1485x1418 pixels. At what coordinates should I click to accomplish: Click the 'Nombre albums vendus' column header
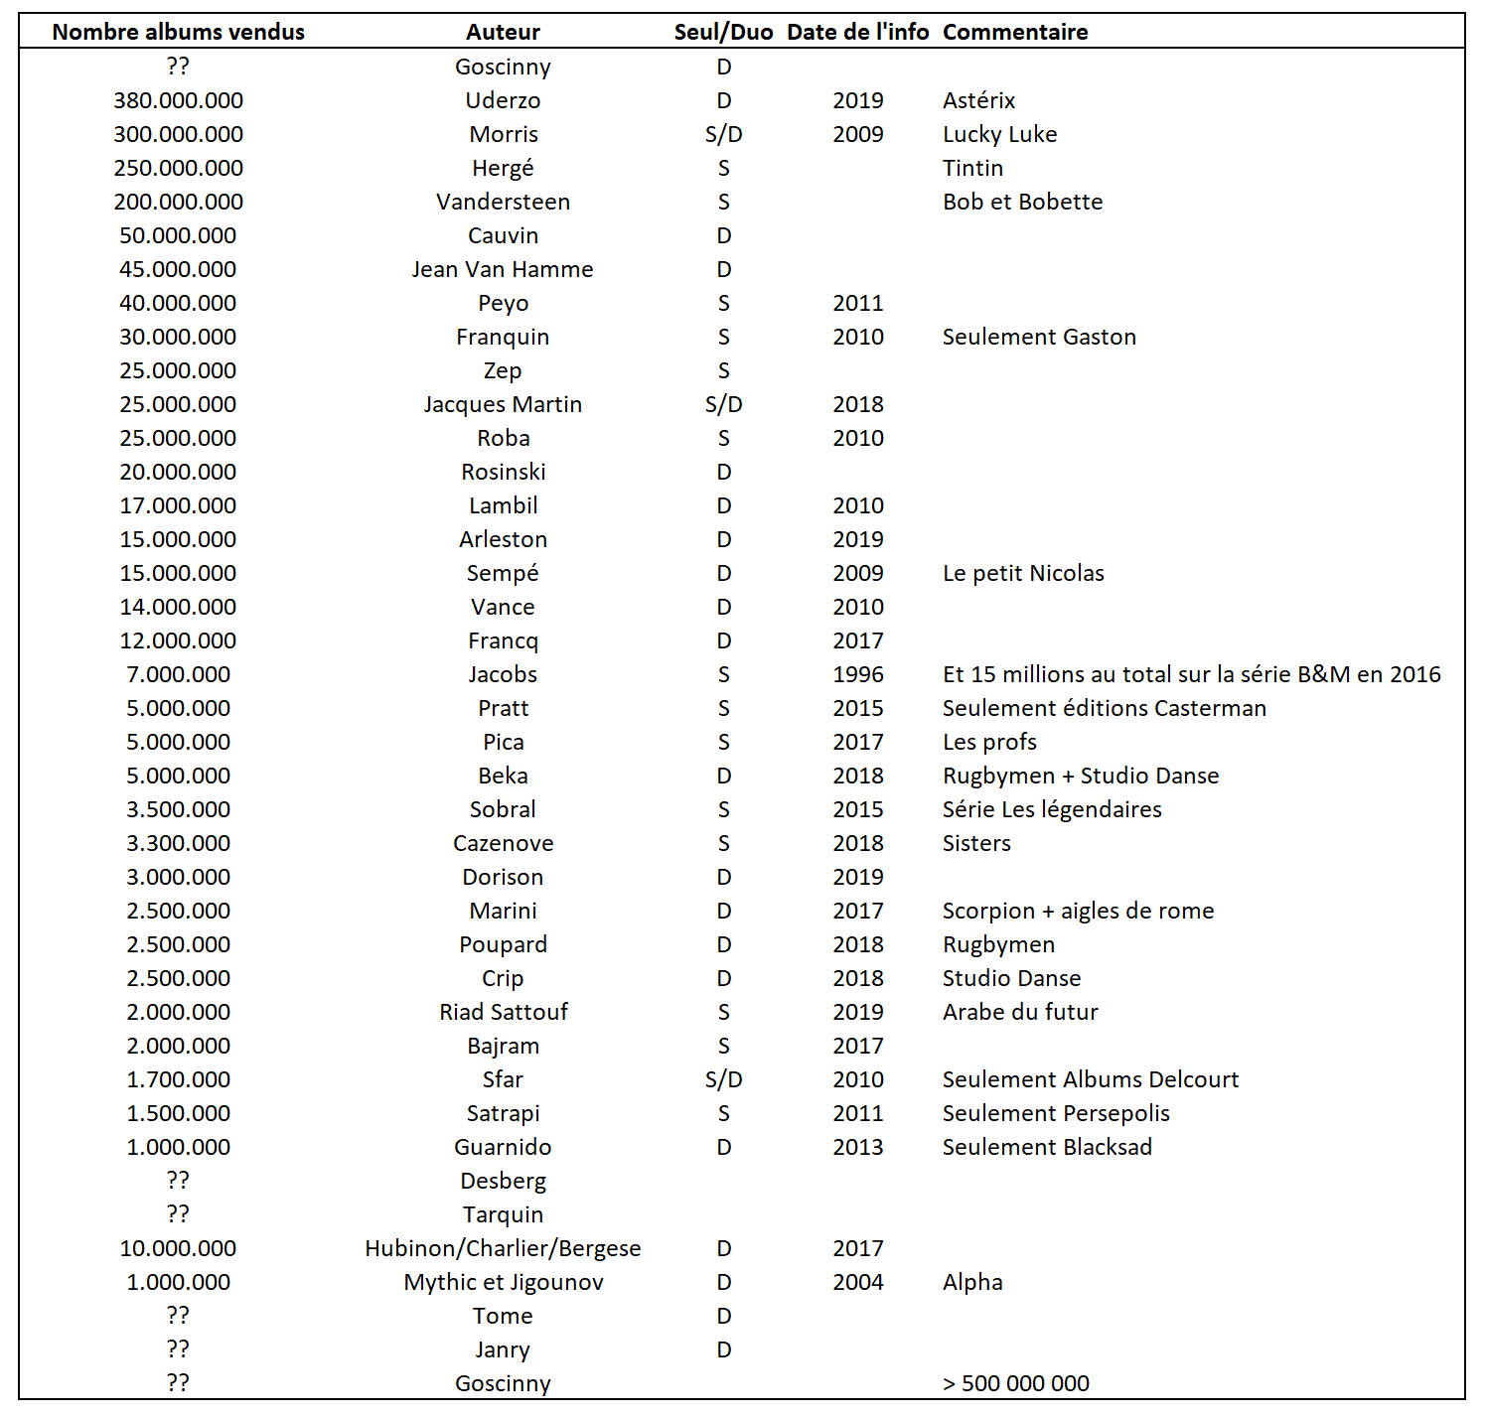coord(178,32)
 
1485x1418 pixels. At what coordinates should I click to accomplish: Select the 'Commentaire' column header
coord(1014,32)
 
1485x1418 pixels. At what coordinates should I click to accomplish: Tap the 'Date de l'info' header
coord(857,32)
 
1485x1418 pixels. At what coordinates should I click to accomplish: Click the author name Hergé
coord(503,168)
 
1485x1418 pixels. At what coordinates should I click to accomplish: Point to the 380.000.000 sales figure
coord(178,100)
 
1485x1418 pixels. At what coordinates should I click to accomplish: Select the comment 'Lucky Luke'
coord(999,134)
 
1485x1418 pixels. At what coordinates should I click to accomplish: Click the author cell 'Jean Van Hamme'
coord(503,269)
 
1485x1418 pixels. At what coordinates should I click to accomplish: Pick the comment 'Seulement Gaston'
coord(1038,337)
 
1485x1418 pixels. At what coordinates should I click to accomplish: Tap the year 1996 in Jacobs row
coord(857,674)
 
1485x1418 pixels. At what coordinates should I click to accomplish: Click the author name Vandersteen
coord(503,202)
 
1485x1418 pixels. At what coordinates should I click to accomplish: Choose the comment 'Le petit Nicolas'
coord(1023,573)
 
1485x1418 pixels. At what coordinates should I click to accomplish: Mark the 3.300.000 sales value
coord(178,843)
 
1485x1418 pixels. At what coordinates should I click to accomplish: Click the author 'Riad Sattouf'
coord(503,1012)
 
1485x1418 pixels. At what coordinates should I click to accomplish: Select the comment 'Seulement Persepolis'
coord(1055,1113)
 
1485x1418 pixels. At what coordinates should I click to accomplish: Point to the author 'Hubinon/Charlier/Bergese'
coord(503,1248)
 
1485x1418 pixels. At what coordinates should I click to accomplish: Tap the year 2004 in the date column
coord(857,1282)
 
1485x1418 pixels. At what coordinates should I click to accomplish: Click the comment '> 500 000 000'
coord(1015,1383)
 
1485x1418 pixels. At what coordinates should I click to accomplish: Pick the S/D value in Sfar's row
coord(723,1079)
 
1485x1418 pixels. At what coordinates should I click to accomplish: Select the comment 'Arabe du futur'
coord(1019,1012)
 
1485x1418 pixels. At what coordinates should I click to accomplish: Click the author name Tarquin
coord(503,1214)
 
